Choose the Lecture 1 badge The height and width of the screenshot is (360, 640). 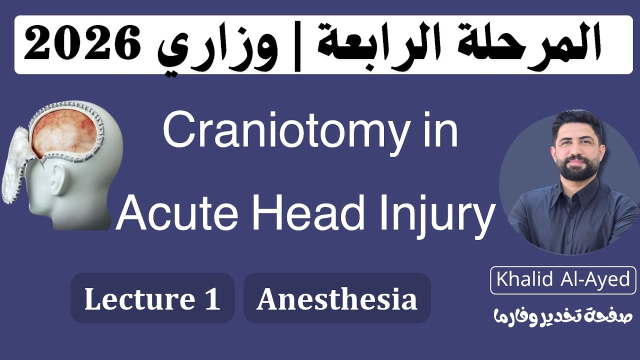click(152, 298)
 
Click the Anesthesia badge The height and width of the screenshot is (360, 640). click(336, 298)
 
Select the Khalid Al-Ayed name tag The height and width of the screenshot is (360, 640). click(563, 279)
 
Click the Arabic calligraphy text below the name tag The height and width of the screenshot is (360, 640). click(563, 315)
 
